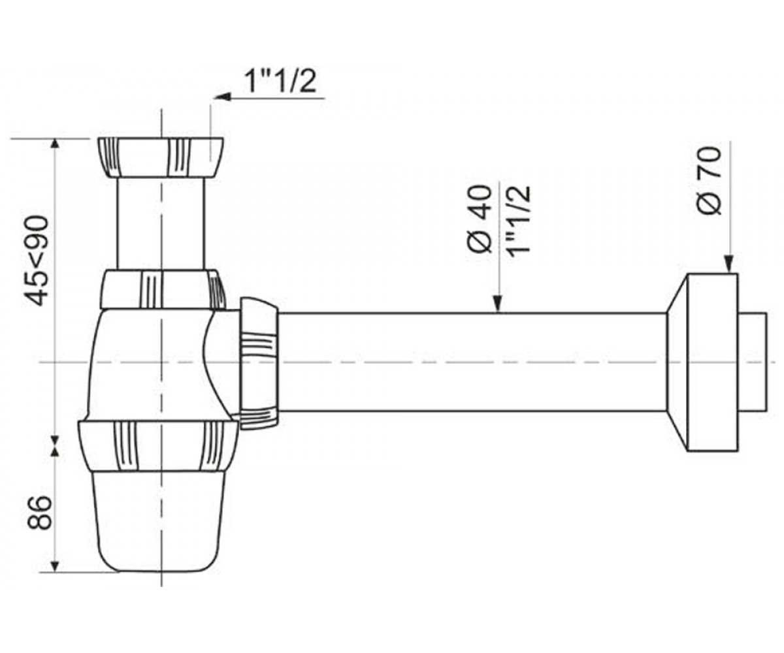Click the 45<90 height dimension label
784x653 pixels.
point(37,261)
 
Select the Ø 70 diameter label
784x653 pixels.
point(709,181)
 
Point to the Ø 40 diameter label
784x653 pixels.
point(480,219)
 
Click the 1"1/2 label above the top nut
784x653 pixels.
point(280,82)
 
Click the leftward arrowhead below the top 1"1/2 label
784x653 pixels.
point(222,97)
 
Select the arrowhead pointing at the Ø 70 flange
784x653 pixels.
point(728,264)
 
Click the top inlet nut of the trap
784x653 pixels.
point(160,157)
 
